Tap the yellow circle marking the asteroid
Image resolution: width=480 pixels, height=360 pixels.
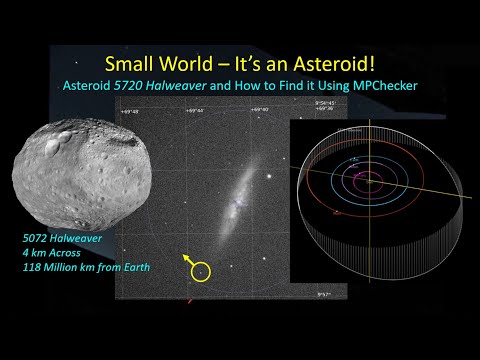pos(202,271)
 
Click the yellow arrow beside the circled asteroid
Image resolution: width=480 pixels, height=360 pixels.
pos(187,259)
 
